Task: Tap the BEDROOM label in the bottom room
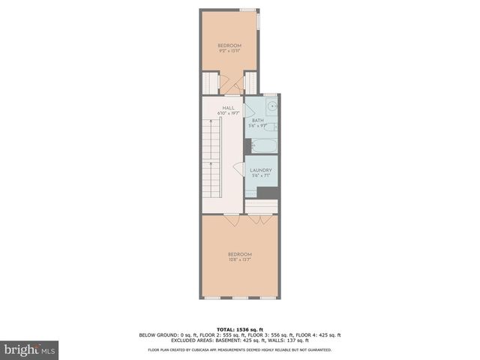click(x=239, y=254)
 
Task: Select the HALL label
click(x=228, y=108)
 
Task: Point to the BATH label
click(x=257, y=121)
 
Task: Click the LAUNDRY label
click(x=260, y=170)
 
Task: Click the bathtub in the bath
click(x=262, y=145)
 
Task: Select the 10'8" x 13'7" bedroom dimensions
click(x=239, y=259)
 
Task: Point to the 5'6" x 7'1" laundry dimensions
click(x=260, y=175)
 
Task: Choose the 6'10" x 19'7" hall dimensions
click(x=227, y=113)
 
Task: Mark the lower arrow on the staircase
click(x=211, y=161)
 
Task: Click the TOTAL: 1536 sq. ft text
click(x=239, y=329)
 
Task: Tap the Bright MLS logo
click(x=30, y=349)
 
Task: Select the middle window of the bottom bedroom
click(x=239, y=299)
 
